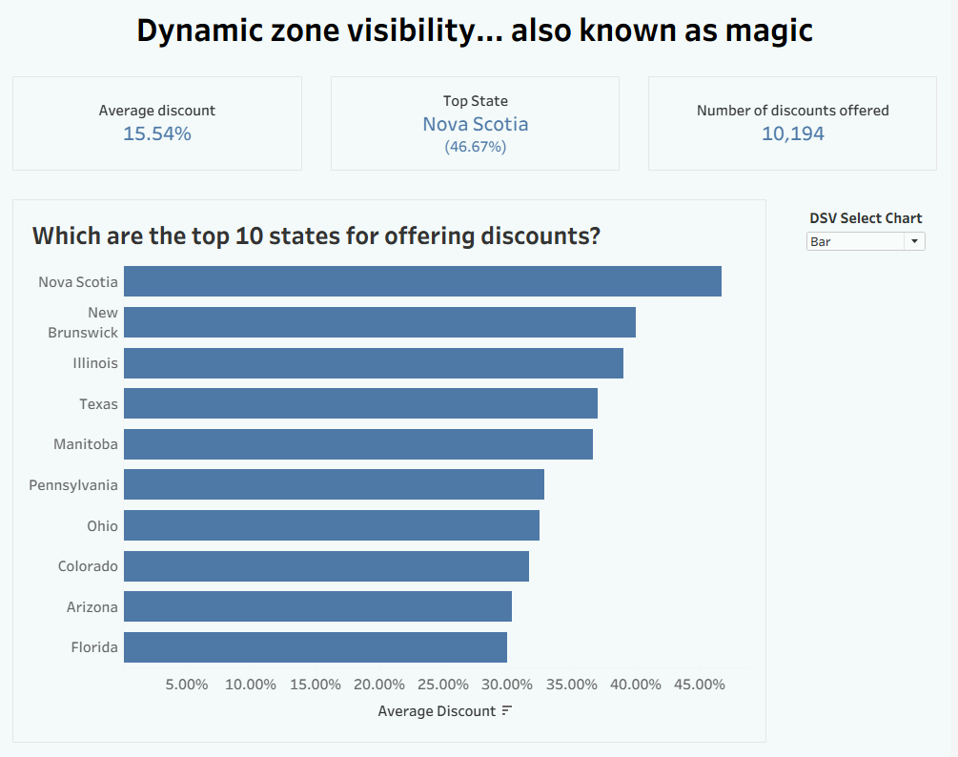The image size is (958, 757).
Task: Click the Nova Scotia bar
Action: pos(422,281)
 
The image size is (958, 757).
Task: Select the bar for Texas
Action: pos(360,403)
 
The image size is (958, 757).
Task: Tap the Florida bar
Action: pos(316,647)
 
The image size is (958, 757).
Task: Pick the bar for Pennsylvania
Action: pos(334,484)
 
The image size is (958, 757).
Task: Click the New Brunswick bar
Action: pos(379,322)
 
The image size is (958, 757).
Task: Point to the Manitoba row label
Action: pos(86,444)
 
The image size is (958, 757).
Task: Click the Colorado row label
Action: pos(88,566)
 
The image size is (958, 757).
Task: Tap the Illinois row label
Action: pos(95,363)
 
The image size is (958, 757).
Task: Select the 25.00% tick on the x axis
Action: pos(443,685)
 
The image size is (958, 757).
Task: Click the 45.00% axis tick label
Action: pos(700,685)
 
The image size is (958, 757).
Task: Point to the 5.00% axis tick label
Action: pos(187,685)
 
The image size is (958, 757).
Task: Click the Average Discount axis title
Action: pos(437,711)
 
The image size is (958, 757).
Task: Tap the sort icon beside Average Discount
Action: pos(507,711)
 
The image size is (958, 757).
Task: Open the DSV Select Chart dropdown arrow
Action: pos(915,242)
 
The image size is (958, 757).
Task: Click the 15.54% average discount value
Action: pos(157,134)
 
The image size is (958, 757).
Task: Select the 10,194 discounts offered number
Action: pos(792,134)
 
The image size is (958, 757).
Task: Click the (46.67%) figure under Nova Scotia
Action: pos(475,147)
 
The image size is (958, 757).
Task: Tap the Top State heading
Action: pos(475,101)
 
